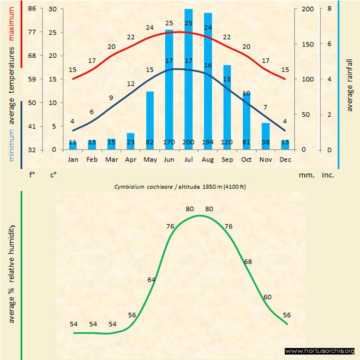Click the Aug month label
[208, 160]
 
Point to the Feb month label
[92, 160]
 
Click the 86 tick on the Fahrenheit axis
[32, 9]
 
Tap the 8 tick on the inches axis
[329, 9]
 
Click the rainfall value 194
[208, 142]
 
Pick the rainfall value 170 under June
[169, 142]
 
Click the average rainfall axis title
[350, 84]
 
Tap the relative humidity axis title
[11, 273]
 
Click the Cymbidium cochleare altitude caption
[180, 187]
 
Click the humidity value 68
[248, 262]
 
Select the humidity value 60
[267, 297]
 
